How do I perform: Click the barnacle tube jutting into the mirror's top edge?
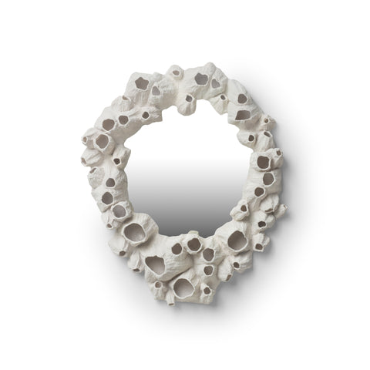(x=187, y=100)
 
